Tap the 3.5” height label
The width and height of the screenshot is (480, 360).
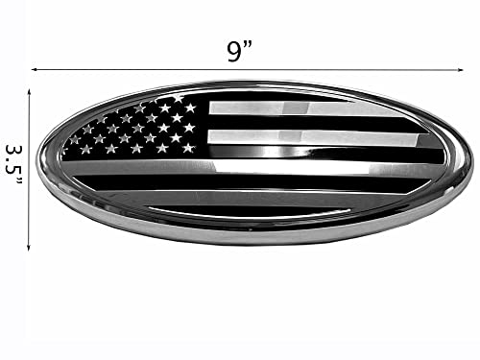[x=14, y=165]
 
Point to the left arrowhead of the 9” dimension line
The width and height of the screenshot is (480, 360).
[x=35, y=69]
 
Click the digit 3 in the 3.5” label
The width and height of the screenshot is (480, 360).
[x=14, y=152]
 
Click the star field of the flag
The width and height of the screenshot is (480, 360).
[x=134, y=130]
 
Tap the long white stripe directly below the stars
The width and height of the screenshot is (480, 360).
[x=250, y=166]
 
